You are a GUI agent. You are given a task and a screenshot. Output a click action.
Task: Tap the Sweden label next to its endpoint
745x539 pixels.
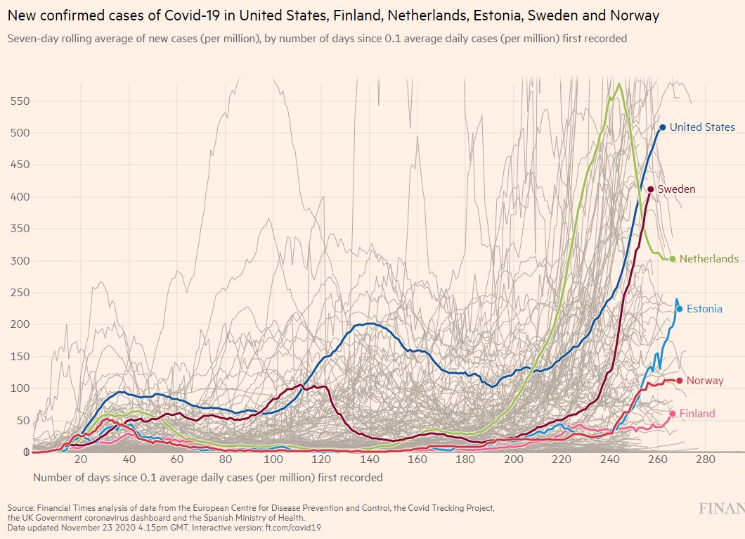click(x=676, y=189)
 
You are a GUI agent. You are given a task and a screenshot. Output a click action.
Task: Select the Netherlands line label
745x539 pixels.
click(x=708, y=259)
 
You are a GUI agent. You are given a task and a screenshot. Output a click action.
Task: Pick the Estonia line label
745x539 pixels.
click(x=704, y=309)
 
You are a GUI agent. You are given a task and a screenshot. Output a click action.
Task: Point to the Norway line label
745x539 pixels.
click(x=705, y=381)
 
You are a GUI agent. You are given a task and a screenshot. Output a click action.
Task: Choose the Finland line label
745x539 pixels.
click(x=697, y=414)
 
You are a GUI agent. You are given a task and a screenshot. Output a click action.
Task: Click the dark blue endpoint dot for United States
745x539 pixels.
click(x=662, y=127)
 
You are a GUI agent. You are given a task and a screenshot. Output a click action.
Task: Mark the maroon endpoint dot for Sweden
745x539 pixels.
click(x=651, y=189)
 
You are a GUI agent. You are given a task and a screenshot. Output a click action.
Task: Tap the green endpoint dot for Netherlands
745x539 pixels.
click(x=673, y=259)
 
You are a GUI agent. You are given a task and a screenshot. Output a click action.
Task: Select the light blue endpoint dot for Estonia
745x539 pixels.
click(x=679, y=309)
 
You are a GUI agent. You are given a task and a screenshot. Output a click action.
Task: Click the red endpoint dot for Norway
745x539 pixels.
click(x=679, y=381)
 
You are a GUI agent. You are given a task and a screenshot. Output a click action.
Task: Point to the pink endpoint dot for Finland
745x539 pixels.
click(x=673, y=414)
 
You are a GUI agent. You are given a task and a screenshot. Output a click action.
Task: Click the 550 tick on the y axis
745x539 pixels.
click(x=19, y=101)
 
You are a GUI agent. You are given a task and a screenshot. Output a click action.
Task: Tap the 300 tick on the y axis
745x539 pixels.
click(x=19, y=261)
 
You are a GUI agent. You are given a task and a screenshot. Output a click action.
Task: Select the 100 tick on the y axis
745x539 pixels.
click(x=19, y=388)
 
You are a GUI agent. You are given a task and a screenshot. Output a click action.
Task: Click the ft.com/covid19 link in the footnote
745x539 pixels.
click(x=293, y=526)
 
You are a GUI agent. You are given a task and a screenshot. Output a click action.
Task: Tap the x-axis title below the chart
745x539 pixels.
click(x=208, y=478)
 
